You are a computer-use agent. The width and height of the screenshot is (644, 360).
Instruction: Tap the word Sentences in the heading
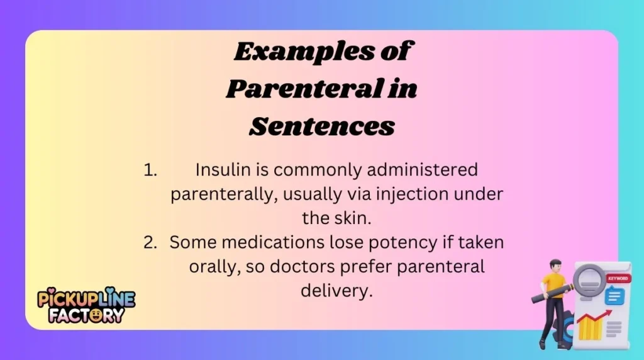point(322,127)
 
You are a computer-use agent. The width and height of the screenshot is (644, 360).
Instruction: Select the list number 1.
point(149,170)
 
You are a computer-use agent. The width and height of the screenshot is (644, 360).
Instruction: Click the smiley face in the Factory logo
point(96,314)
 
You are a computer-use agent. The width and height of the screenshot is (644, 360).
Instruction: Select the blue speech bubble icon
point(614,295)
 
